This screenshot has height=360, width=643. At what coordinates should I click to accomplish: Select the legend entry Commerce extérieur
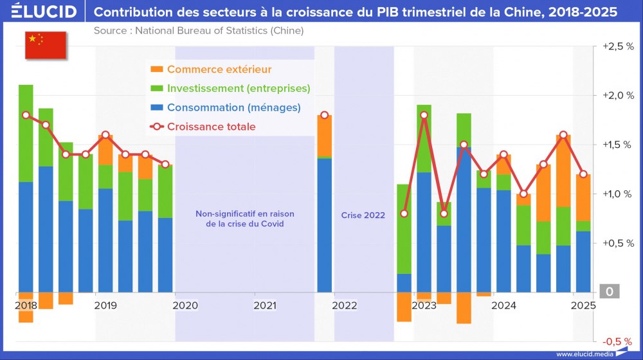tap(219, 69)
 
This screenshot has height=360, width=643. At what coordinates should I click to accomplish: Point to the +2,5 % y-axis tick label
tap(617, 46)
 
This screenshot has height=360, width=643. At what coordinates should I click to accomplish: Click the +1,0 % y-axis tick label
tap(617, 194)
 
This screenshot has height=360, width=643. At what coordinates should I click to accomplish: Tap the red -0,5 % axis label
tap(617, 341)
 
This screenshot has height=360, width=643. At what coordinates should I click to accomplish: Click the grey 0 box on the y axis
tap(610, 292)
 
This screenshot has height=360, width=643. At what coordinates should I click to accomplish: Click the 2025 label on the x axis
tap(583, 305)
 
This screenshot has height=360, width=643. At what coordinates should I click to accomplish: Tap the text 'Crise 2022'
tap(363, 215)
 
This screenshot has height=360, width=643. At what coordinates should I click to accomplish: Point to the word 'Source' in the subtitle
tap(111, 30)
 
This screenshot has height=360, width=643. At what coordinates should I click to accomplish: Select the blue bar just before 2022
tap(325, 225)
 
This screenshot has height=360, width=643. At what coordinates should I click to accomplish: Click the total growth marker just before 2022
tap(325, 115)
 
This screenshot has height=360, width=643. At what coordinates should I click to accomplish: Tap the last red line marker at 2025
tap(583, 174)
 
